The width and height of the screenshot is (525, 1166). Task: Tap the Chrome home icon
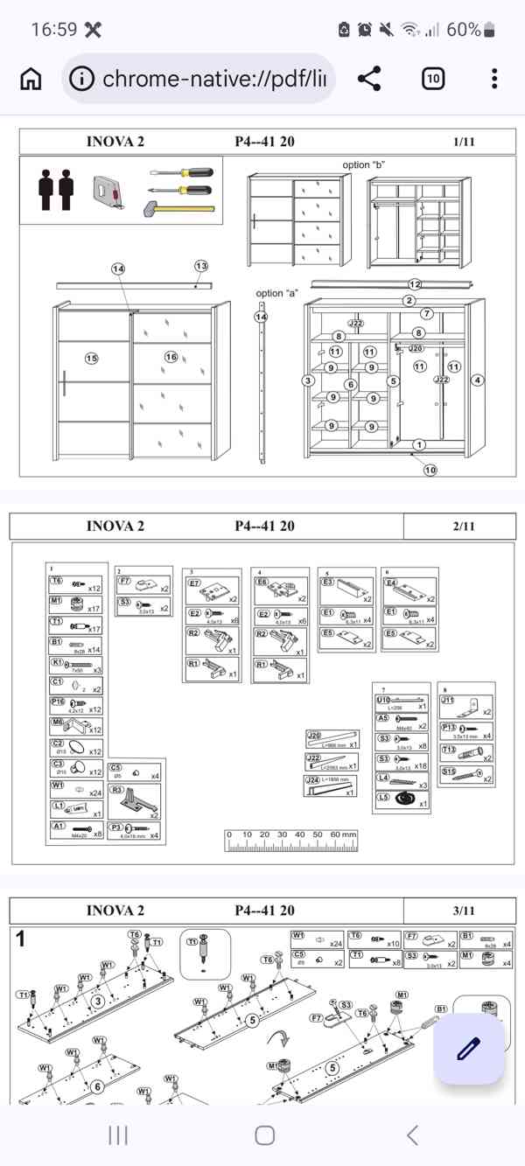click(x=31, y=79)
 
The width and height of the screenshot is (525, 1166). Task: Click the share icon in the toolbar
click(x=370, y=79)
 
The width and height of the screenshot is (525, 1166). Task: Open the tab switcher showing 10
click(x=433, y=79)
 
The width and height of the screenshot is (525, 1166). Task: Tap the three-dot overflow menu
click(x=494, y=79)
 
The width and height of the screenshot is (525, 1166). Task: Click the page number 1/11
click(x=464, y=142)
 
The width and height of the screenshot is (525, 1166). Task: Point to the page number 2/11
click(x=464, y=526)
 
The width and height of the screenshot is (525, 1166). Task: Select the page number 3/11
click(x=464, y=911)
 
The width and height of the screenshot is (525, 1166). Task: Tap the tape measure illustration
click(x=109, y=192)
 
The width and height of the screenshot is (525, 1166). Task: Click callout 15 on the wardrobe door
click(x=92, y=358)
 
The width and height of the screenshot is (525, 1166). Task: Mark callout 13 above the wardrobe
click(x=201, y=266)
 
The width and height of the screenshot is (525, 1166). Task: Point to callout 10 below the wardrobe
click(x=430, y=470)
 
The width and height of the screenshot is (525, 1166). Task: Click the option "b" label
click(x=363, y=164)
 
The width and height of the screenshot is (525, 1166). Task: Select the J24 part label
click(x=312, y=780)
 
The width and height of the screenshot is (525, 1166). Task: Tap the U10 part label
click(x=383, y=701)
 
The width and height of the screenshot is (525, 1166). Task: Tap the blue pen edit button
click(x=469, y=1049)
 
